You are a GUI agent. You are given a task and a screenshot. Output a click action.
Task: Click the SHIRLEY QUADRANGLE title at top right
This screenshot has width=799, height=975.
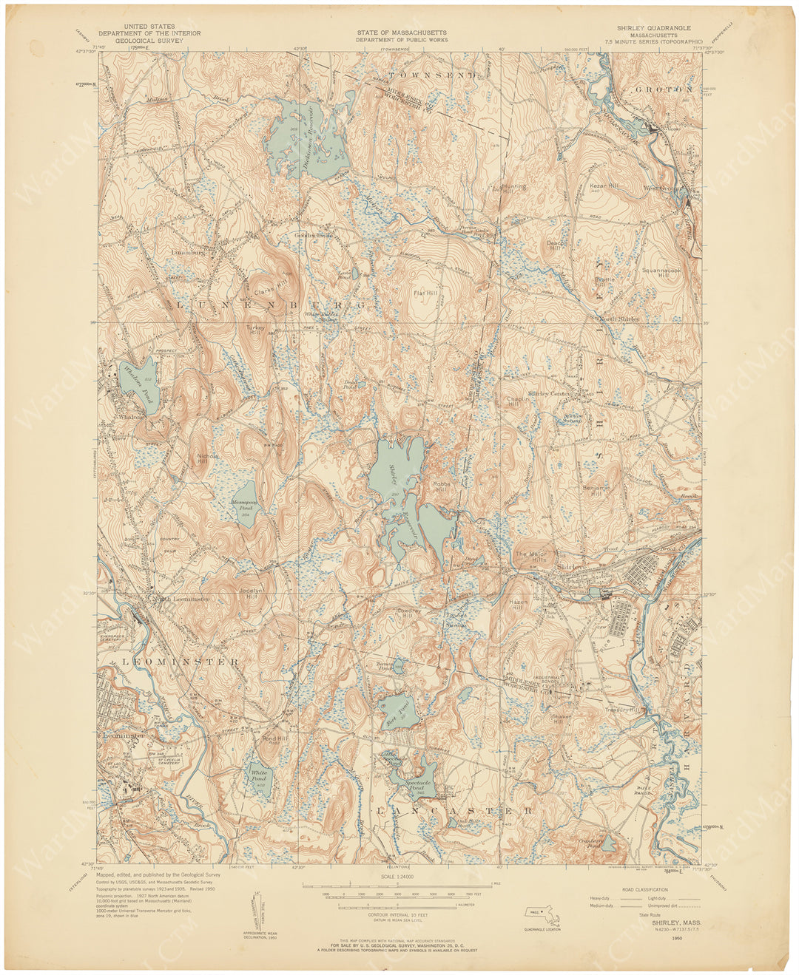click(654, 27)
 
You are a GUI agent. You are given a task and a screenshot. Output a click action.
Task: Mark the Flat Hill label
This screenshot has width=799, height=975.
click(425, 293)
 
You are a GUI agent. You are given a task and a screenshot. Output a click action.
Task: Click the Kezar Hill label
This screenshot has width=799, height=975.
click(604, 186)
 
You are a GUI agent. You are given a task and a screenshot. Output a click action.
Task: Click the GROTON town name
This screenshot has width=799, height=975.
click(664, 89)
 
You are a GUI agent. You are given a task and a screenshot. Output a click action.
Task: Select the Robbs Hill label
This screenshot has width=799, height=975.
click(442, 486)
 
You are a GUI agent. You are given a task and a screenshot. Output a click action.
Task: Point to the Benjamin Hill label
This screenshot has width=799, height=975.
click(596, 490)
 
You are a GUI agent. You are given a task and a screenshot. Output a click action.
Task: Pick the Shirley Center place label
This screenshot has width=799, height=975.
click(550, 394)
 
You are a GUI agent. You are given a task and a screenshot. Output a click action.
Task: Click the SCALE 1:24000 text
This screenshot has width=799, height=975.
click(399, 876)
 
